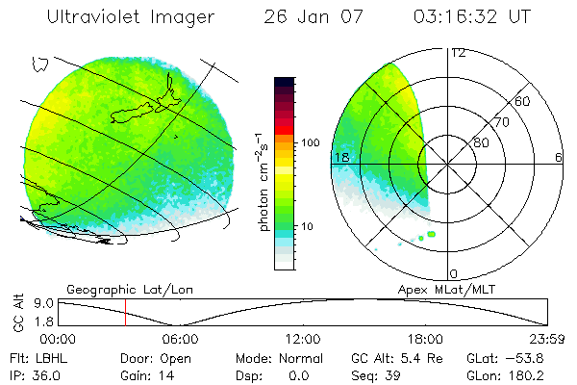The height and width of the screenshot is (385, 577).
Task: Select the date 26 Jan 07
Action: click(309, 17)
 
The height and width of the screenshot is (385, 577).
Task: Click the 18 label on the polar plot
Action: click(339, 157)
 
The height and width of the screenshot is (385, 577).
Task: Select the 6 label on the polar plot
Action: click(558, 157)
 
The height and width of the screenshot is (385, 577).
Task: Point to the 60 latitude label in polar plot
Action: click(522, 101)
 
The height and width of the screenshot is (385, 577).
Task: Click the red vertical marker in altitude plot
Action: click(125, 312)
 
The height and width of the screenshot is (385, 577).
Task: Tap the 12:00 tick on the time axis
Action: click(303, 339)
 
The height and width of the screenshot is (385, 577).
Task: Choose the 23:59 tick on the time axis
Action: click(547, 339)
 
